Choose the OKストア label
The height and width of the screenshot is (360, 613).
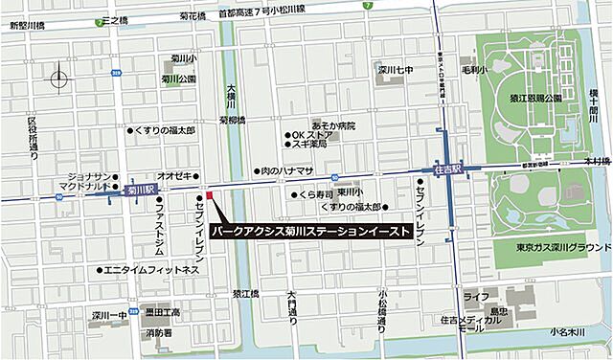(312, 134)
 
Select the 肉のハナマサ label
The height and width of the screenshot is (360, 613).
(286, 170)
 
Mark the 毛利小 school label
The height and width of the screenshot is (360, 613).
(474, 70)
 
